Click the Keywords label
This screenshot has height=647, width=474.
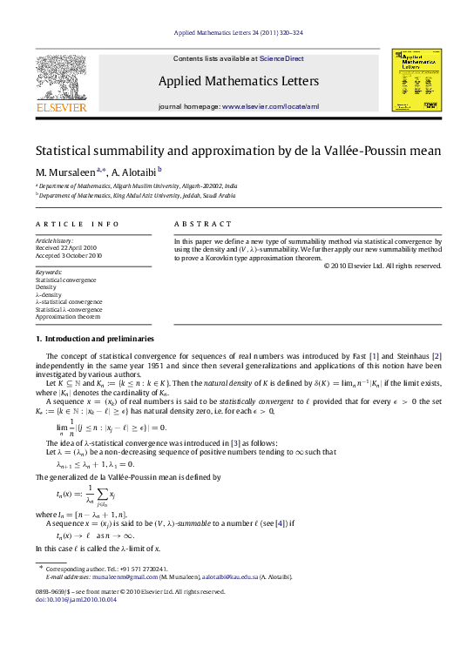point(49,272)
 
